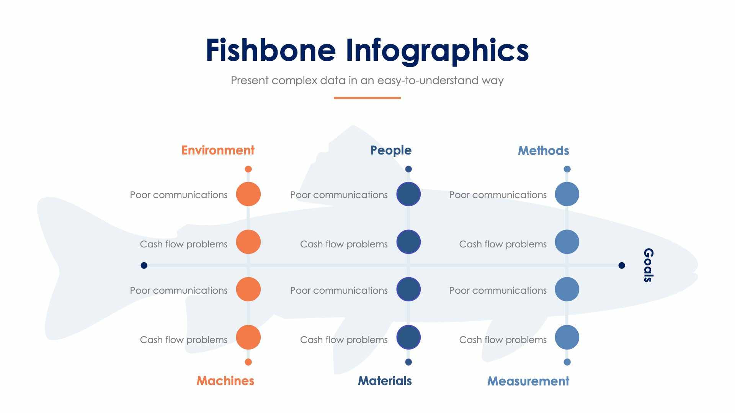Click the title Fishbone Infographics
(x=367, y=50)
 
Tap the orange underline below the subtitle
(x=367, y=98)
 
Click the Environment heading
(x=218, y=150)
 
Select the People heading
(x=391, y=150)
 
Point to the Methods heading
(x=543, y=151)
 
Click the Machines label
(x=225, y=381)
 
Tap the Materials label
(x=385, y=381)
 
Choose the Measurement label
(x=528, y=381)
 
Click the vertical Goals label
(x=648, y=265)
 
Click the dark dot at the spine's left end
(x=144, y=265)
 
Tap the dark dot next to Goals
(x=622, y=265)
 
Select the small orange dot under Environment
(x=248, y=169)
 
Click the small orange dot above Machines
(x=248, y=362)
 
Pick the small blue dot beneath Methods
(x=567, y=169)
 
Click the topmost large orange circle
(x=248, y=194)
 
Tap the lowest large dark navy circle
(x=408, y=337)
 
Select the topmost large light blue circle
(x=567, y=194)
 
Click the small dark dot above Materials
(x=408, y=362)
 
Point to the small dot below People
(x=408, y=169)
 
